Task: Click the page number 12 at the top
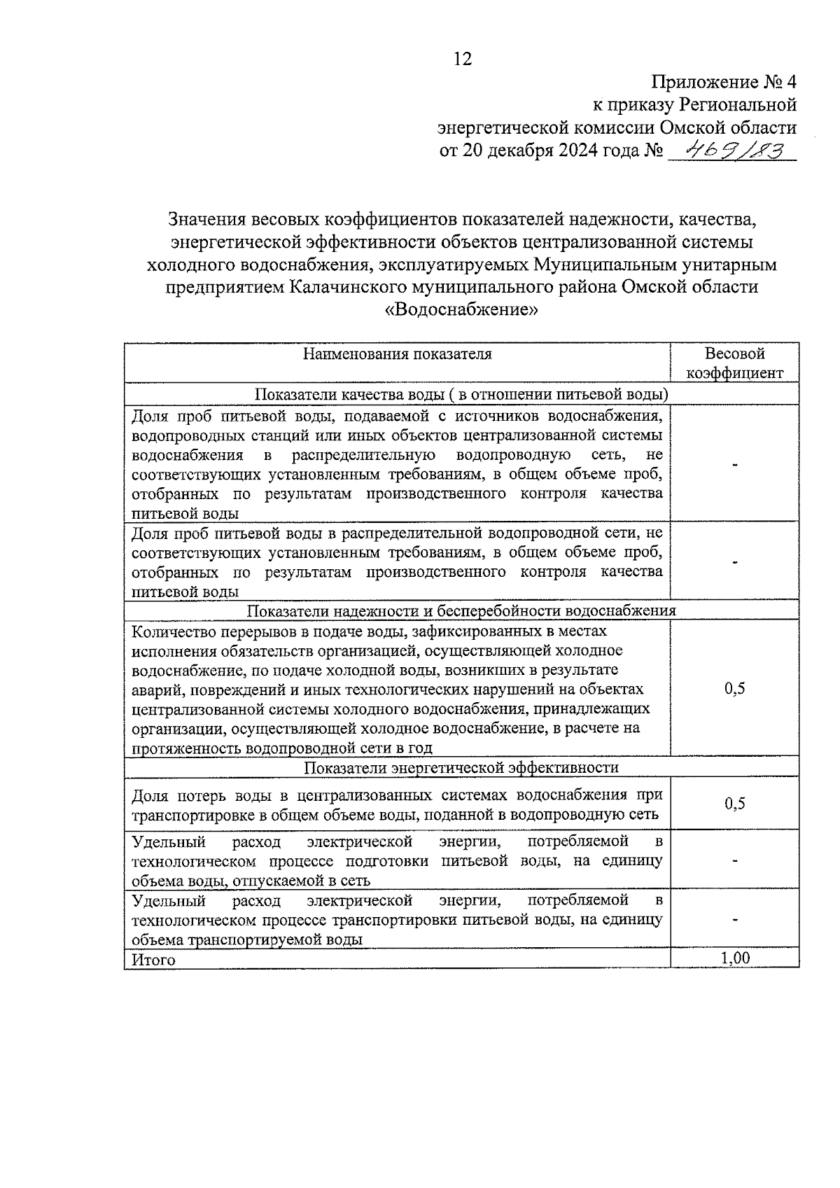point(463,59)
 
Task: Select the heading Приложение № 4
point(724,82)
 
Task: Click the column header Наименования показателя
point(397,354)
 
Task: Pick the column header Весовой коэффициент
point(734,363)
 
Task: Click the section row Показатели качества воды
point(462,394)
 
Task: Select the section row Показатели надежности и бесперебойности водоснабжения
point(462,610)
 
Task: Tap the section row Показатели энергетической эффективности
point(462,767)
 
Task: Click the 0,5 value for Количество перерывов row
point(734,689)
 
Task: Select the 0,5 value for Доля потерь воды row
point(734,803)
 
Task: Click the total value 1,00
point(734,958)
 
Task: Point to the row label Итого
point(153,960)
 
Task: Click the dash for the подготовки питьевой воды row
point(734,861)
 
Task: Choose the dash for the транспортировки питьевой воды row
point(734,920)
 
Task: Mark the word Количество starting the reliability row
point(166,631)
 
